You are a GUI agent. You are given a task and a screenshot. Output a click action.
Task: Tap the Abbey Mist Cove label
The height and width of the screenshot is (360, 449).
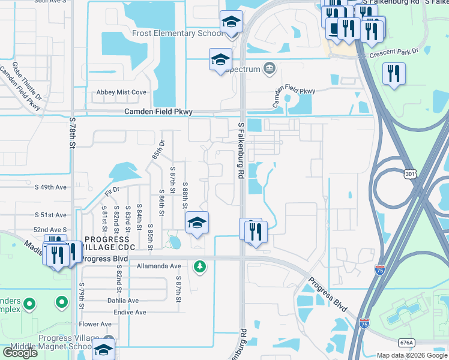coord(121,92)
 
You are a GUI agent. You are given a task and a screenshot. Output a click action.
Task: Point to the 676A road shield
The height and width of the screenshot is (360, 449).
coord(406,342)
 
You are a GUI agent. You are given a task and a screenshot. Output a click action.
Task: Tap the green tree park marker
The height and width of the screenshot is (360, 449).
coord(200,266)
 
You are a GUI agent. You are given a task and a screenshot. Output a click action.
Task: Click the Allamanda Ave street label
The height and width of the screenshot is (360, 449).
coord(158,266)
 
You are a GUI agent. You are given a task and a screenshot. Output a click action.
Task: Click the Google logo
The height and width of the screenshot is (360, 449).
coord(20,352)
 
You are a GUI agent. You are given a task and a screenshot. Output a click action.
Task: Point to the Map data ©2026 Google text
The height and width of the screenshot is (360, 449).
coord(411,355)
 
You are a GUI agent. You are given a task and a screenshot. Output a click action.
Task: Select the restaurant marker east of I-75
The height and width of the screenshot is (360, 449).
coord(394,74)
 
